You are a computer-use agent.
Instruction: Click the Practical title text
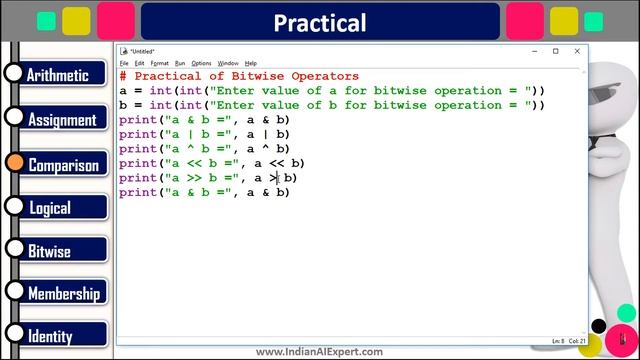(x=320, y=22)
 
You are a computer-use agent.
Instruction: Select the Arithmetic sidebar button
(x=64, y=75)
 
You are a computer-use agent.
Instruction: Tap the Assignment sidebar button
(x=62, y=120)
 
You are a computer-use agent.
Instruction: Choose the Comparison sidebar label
(x=63, y=165)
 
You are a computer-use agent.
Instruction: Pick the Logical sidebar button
(x=50, y=208)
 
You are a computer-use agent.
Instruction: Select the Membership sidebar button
(x=63, y=294)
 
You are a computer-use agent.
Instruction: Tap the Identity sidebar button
(x=50, y=337)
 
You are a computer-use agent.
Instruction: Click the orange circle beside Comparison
(x=14, y=163)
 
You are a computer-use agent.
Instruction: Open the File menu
(x=125, y=63)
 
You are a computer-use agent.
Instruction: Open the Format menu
(x=160, y=63)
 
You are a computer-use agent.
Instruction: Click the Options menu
(x=201, y=63)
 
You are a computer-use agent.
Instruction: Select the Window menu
(x=228, y=63)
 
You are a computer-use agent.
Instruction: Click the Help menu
(x=251, y=63)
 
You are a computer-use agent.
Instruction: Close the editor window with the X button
(x=577, y=51)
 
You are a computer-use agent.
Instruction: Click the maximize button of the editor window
(x=556, y=51)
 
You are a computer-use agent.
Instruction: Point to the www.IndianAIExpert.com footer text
(x=319, y=352)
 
